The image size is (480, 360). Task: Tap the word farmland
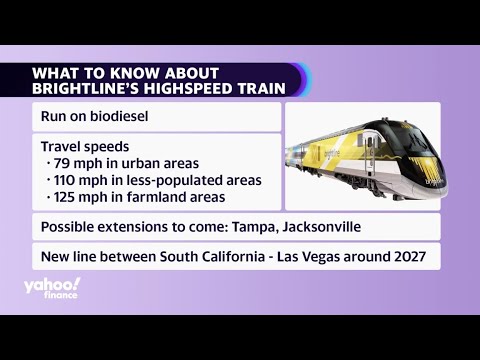coord(157,197)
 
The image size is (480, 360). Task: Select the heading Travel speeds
coord(85,145)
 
